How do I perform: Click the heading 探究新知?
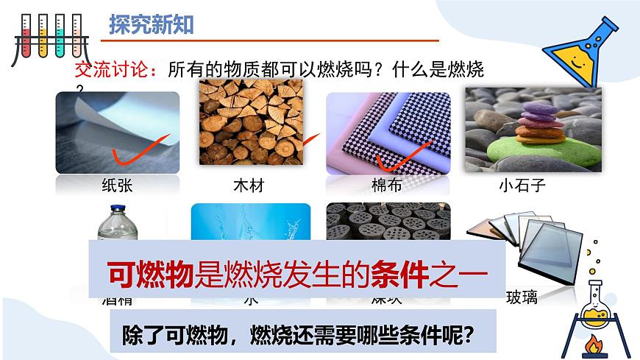click(x=151, y=25)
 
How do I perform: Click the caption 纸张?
click(x=117, y=185)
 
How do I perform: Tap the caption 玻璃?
click(x=522, y=297)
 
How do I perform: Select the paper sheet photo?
click(x=118, y=133)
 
